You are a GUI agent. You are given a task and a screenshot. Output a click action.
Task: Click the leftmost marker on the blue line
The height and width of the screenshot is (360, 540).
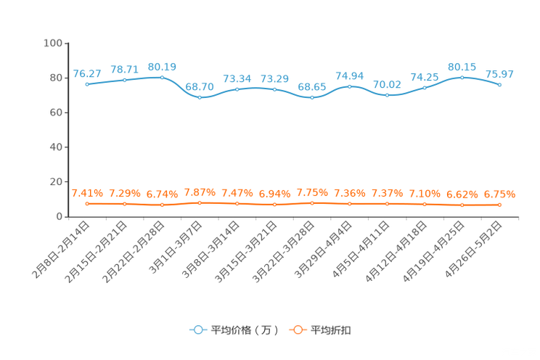point(87,83)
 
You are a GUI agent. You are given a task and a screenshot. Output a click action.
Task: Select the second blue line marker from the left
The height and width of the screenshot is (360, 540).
point(125,78)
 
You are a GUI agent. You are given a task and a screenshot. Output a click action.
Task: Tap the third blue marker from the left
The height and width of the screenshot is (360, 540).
point(162,75)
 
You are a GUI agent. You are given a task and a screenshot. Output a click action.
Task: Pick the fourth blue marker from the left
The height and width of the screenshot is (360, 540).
point(200,97)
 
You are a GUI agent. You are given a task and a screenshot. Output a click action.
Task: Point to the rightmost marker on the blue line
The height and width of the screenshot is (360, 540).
point(500,84)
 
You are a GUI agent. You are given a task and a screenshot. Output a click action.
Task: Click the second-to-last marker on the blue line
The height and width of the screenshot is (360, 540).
point(462,76)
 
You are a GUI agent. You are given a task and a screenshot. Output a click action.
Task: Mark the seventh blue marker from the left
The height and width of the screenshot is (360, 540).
point(312,97)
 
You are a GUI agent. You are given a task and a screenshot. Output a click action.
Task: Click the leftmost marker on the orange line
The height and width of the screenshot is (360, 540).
point(87,204)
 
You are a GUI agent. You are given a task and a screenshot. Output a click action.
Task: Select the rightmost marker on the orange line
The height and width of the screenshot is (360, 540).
point(500,205)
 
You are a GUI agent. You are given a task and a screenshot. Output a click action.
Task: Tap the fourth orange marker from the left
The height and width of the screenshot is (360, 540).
point(200,202)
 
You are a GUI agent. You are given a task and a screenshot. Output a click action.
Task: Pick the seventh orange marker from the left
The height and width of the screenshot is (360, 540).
point(312,203)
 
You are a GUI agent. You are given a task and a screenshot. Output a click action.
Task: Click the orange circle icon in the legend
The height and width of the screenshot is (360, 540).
point(298,330)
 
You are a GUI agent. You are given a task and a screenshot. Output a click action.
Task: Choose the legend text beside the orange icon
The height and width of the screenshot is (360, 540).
point(332,330)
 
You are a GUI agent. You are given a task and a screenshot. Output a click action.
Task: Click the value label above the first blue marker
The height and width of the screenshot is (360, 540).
point(87,73)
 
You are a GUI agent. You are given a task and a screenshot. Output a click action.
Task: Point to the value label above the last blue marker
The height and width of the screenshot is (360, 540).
point(500,73)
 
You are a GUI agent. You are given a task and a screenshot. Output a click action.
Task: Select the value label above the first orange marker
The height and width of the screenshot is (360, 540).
point(87,194)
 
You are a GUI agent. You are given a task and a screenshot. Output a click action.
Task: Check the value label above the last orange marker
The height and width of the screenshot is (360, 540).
point(500,195)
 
